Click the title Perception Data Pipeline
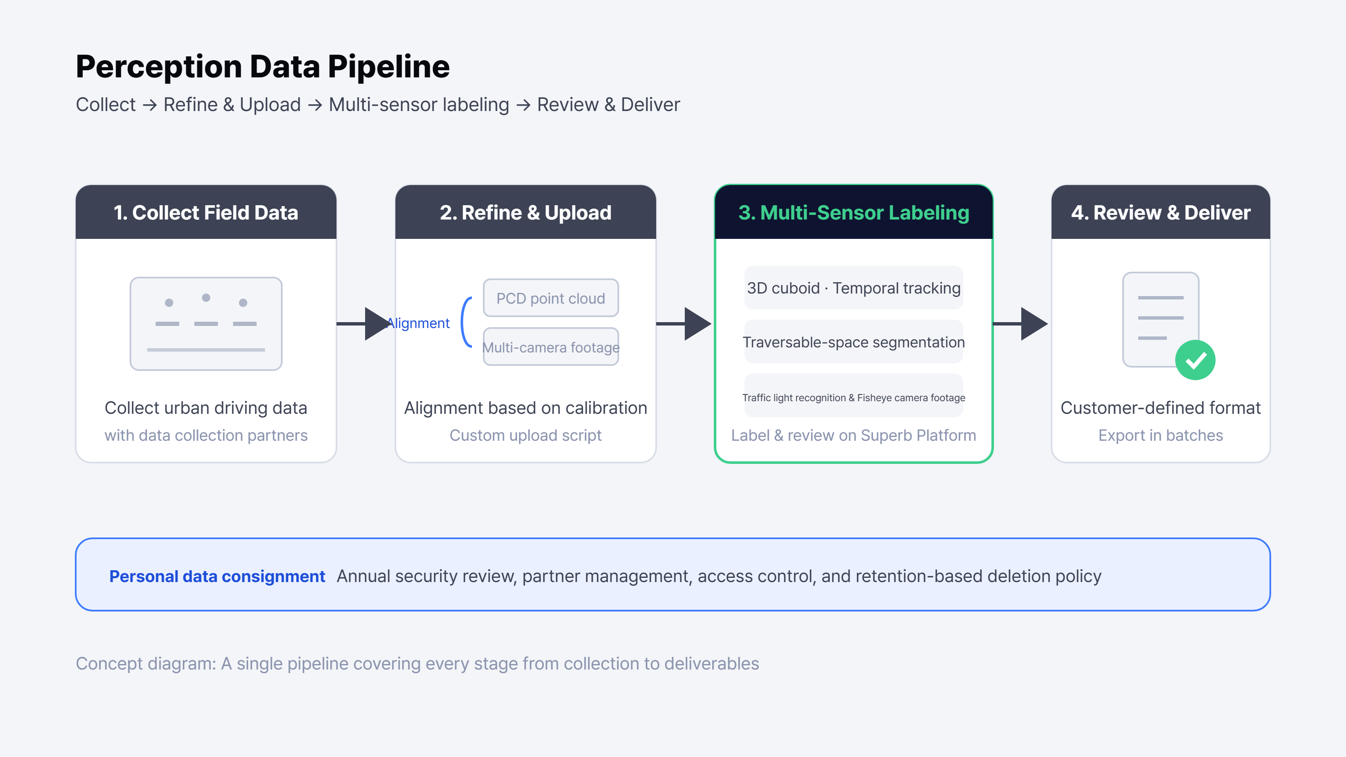(263, 67)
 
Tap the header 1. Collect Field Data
(206, 213)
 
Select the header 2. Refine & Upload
(526, 213)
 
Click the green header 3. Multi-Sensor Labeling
(854, 213)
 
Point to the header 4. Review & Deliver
(1161, 213)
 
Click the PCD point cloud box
(551, 298)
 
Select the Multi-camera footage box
(551, 347)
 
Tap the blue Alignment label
(418, 323)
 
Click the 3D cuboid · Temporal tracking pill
(854, 288)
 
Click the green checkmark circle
(1195, 360)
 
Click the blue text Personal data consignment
(217, 576)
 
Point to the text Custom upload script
(526, 435)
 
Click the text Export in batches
(1161, 435)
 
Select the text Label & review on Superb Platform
(854, 435)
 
